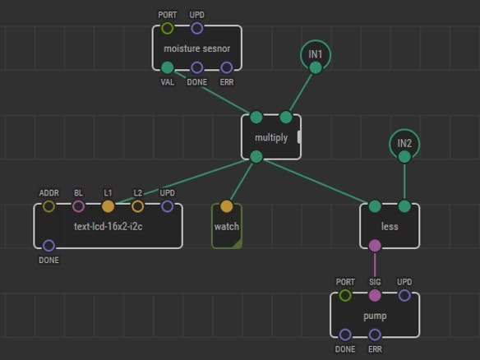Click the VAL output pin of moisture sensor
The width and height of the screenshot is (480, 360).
(x=167, y=67)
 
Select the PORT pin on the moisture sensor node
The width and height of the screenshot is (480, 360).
(x=167, y=28)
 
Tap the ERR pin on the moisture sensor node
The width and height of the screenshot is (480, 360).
(x=227, y=67)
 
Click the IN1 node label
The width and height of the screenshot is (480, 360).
(x=316, y=54)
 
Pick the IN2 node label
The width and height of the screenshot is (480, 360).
(x=404, y=143)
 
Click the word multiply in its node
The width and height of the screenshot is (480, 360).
(x=271, y=138)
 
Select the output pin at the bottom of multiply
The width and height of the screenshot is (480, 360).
(x=256, y=157)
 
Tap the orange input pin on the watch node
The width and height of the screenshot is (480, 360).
(x=227, y=206)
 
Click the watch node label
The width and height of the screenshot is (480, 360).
(x=227, y=227)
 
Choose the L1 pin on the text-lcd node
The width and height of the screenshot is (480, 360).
(x=108, y=206)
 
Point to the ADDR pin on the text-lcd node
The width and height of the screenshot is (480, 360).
(x=48, y=206)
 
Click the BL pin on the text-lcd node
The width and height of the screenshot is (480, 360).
(x=78, y=206)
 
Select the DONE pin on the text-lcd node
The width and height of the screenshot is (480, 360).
(x=48, y=246)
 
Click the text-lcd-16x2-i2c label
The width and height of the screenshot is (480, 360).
(x=108, y=227)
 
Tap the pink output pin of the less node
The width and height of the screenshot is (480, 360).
(x=375, y=246)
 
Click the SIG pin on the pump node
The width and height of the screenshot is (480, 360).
(x=375, y=295)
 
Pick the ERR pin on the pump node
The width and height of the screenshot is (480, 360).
(x=375, y=335)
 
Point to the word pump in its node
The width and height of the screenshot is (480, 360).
(x=375, y=316)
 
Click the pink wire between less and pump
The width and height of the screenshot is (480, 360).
(x=375, y=270)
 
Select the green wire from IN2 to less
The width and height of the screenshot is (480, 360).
(x=404, y=182)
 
